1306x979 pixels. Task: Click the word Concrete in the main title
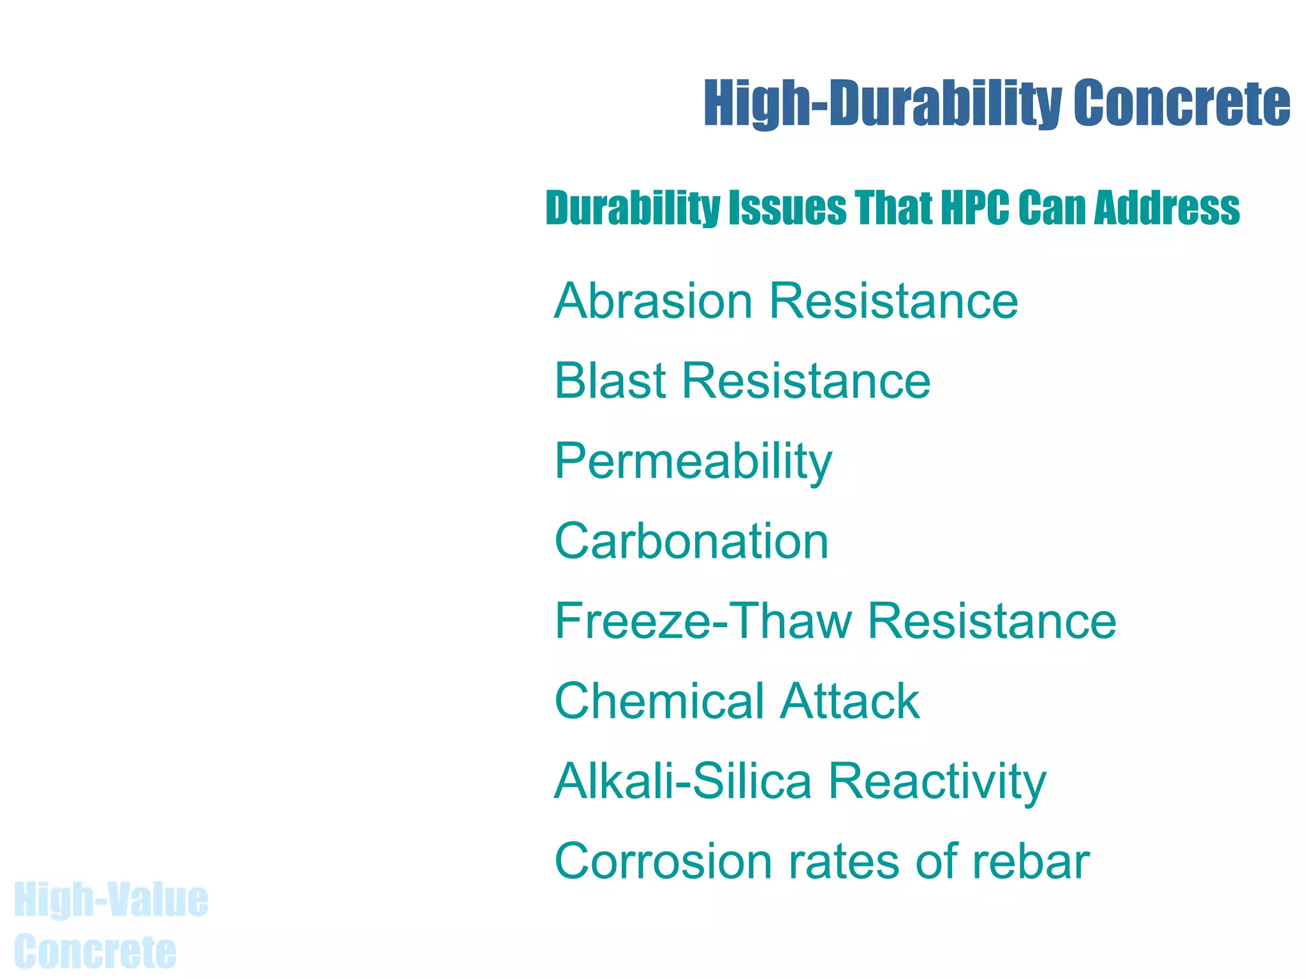pos(1181,103)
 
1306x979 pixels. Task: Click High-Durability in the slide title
pos(883,103)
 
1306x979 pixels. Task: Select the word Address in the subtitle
pos(1166,208)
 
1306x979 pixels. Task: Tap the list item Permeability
pos(693,461)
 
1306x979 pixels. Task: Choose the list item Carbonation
pos(692,542)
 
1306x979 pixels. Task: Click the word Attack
pos(850,702)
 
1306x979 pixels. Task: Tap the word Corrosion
pos(663,862)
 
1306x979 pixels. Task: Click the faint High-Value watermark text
pos(111,900)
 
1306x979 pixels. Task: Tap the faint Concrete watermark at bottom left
pos(95,952)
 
